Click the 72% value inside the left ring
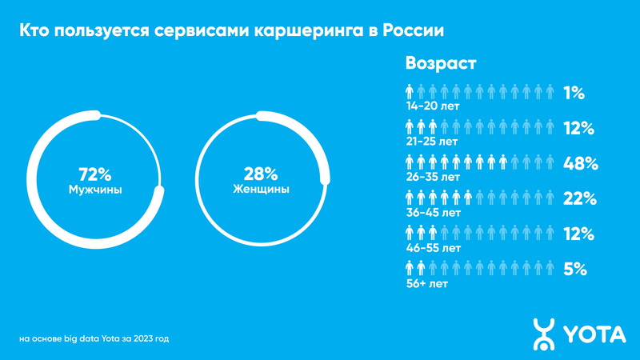point(94,174)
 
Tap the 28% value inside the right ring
point(261,174)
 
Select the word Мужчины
point(94,190)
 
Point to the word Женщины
point(261,190)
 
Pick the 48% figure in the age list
point(580,164)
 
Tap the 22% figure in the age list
point(580,199)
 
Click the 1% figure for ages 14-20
point(574,94)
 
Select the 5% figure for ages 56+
point(576,270)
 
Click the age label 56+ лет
point(426,283)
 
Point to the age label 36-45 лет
point(433,213)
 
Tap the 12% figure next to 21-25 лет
point(578,129)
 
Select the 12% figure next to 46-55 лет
point(578,234)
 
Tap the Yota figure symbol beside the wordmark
point(545,334)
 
